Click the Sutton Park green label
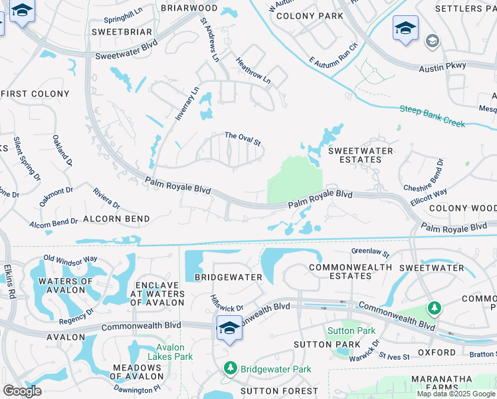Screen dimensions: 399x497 tap(351, 331)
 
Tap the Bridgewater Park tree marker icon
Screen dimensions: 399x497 tap(231, 367)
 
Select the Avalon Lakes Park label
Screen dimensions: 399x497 tap(175, 352)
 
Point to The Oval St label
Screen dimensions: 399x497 tap(243, 136)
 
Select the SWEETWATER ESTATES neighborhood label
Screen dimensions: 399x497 tap(361, 155)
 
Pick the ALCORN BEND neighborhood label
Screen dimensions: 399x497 tap(116, 218)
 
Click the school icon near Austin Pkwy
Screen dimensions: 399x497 tap(405, 29)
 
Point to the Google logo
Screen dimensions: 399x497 tap(22, 391)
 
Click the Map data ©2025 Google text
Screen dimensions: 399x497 tap(456, 394)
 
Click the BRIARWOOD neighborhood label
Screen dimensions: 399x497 tap(175, 8)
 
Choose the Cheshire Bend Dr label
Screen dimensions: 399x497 tap(439, 174)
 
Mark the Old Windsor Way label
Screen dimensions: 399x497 tap(70, 258)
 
